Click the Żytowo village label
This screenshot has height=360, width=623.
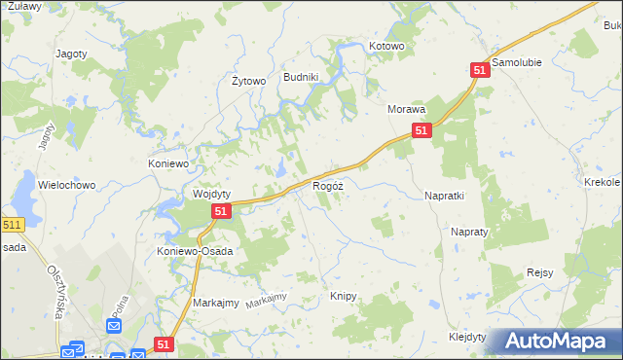(248, 81)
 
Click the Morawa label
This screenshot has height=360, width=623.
(407, 110)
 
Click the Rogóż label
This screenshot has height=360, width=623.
(327, 185)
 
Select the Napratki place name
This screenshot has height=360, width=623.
(444, 196)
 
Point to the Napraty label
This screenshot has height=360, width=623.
(468, 233)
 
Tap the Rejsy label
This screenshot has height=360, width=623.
(539, 272)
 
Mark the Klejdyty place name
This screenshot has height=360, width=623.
(467, 336)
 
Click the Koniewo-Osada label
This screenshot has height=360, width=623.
(195, 250)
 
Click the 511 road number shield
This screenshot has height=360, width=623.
(12, 225)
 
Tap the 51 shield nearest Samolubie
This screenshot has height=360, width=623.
(479, 71)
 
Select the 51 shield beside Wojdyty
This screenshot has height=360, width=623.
(221, 211)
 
